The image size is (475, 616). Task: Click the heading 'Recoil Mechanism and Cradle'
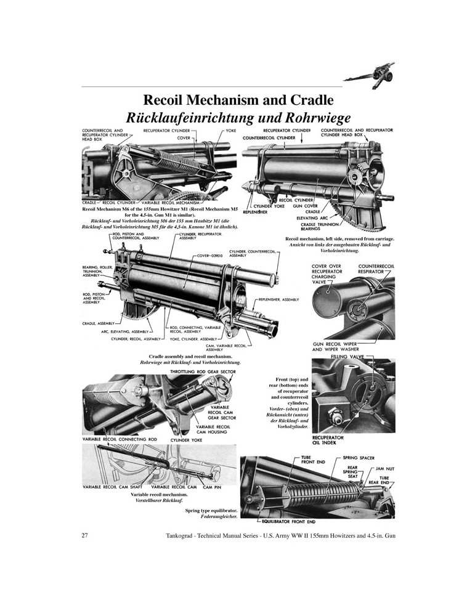click(x=238, y=100)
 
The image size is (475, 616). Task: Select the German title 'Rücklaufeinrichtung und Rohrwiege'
click(x=238, y=116)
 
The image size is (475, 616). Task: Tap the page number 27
click(x=85, y=536)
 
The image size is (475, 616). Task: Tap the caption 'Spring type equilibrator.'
click(x=211, y=511)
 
